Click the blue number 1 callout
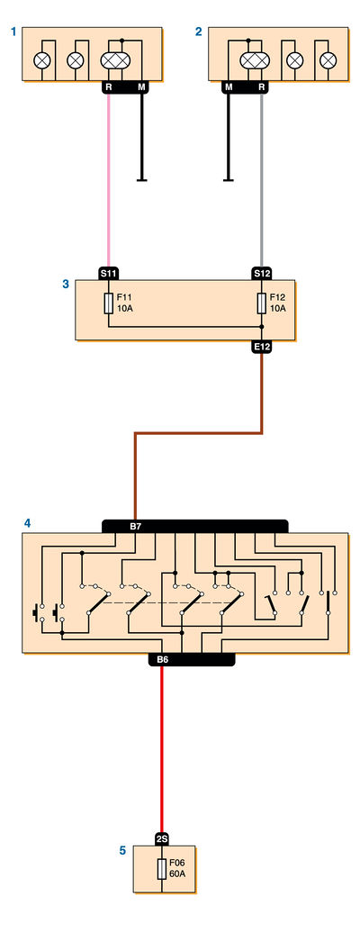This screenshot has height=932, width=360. pyautogui.click(x=13, y=32)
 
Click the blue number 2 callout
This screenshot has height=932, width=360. pyautogui.click(x=198, y=32)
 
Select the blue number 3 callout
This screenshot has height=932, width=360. pyautogui.click(x=66, y=285)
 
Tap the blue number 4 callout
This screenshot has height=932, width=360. pyautogui.click(x=27, y=524)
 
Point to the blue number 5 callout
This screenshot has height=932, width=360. pyautogui.click(x=123, y=851)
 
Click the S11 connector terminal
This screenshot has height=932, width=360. pyautogui.click(x=109, y=274)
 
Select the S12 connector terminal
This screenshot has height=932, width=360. pyautogui.click(x=262, y=274)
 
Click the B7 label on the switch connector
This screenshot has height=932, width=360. pyautogui.click(x=135, y=527)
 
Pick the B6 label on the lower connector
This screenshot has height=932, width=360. pyautogui.click(x=163, y=660)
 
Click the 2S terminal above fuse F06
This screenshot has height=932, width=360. pyautogui.click(x=162, y=839)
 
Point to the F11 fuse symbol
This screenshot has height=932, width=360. pyautogui.click(x=109, y=303)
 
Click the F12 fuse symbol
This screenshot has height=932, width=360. pyautogui.click(x=262, y=303)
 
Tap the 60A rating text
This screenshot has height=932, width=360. pyautogui.click(x=177, y=874)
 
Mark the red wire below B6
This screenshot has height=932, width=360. pyautogui.click(x=162, y=750)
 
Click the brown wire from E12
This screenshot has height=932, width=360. pyautogui.click(x=199, y=433)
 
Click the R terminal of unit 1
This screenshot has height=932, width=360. pyautogui.click(x=108, y=87)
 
